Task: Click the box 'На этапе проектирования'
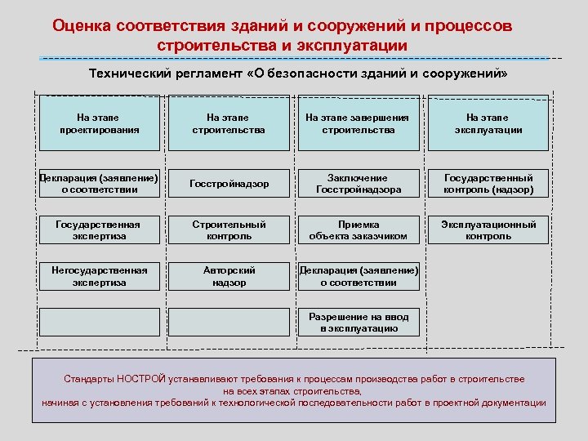(x=99, y=124)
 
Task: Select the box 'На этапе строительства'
(x=229, y=124)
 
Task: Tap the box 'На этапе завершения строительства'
(x=358, y=124)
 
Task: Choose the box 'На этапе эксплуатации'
(x=488, y=124)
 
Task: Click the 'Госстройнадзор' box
(x=229, y=184)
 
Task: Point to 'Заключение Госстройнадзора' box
(x=358, y=184)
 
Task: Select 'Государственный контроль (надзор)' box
(x=488, y=184)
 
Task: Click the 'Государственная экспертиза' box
(x=99, y=229)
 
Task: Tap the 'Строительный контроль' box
(x=229, y=229)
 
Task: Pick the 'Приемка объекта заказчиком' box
(x=358, y=229)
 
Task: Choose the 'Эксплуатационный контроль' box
(x=488, y=229)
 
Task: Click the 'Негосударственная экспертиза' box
(x=99, y=276)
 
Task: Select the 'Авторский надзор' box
(x=229, y=276)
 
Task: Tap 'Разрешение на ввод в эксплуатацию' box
(x=358, y=322)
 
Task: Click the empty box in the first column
(x=99, y=322)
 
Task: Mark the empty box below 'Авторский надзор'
(x=229, y=322)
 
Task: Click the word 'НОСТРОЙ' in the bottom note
(x=141, y=379)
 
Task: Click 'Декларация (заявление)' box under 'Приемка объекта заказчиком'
(x=358, y=276)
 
